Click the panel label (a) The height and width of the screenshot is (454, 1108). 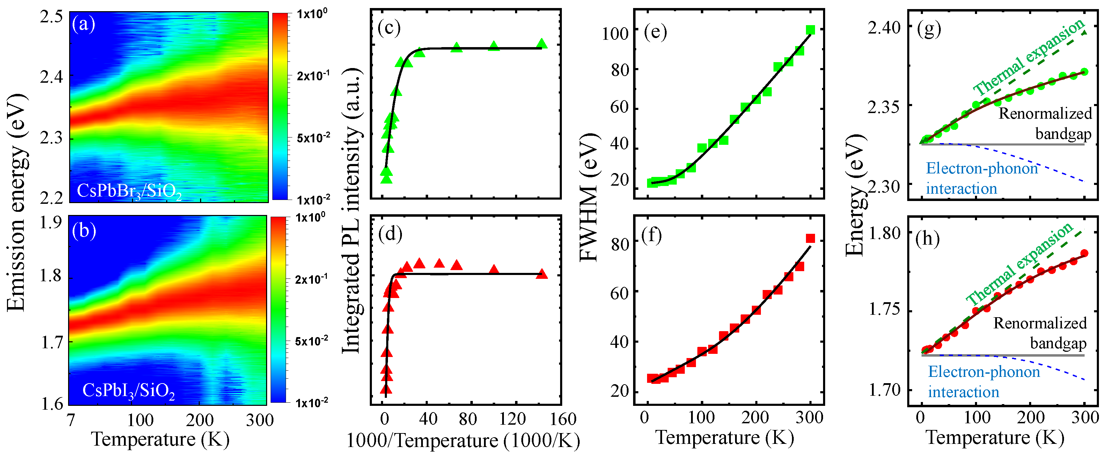83,24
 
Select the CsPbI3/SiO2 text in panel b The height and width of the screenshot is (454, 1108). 128,391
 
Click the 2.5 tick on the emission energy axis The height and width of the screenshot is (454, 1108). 51,17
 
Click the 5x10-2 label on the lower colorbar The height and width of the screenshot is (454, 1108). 311,341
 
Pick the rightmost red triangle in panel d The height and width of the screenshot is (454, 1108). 542,274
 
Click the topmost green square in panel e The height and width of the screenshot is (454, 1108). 810,30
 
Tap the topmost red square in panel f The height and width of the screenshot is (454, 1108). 810,239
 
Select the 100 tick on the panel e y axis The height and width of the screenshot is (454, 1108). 615,34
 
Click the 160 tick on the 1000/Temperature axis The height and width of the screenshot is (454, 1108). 563,419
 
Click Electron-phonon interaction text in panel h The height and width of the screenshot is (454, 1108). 983,381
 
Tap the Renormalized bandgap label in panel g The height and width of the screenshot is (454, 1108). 1045,124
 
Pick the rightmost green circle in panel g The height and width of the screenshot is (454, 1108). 1084,72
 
